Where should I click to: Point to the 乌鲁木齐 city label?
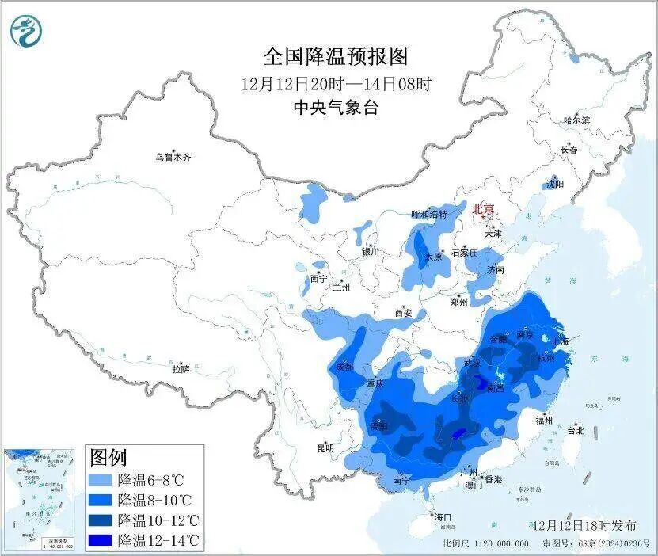tap(173, 158)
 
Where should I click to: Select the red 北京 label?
tap(483, 209)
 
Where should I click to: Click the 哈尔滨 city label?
tap(576, 120)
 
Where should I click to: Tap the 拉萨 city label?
tap(181, 368)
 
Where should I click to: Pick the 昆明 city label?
tap(325, 447)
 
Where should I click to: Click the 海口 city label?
tap(443, 517)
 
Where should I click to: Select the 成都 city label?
tap(344, 367)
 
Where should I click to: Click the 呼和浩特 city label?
tap(428, 215)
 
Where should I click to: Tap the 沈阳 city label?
tap(555, 184)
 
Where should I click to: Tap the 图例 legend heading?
tap(108, 457)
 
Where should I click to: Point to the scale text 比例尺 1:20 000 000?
tap(485, 544)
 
